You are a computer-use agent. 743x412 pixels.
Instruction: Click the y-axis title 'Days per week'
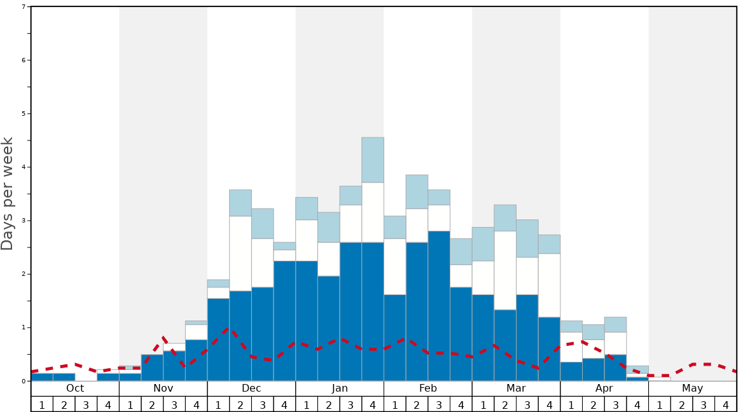[8, 193]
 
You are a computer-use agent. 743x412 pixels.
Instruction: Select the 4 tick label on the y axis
[24, 167]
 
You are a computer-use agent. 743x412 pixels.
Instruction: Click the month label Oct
[75, 388]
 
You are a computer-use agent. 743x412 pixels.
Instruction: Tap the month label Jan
[340, 388]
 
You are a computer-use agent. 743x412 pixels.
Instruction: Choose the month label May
[693, 388]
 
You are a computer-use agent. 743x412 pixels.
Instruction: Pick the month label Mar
[516, 388]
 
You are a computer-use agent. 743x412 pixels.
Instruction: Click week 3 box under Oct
[86, 404]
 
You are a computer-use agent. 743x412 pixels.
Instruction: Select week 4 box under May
[726, 404]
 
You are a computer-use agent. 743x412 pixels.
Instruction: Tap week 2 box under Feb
[417, 404]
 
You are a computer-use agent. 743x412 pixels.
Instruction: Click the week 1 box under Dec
[218, 404]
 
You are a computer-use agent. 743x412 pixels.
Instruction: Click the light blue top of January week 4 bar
[373, 160]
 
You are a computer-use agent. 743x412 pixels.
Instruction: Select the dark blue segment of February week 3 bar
[439, 305]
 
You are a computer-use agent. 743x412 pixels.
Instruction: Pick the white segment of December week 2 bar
[240, 253]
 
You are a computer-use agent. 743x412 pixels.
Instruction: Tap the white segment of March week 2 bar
[505, 270]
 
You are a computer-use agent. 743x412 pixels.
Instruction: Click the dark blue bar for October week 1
[42, 377]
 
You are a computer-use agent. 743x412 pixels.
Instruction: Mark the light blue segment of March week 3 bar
[527, 238]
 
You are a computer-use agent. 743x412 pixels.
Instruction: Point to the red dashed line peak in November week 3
[164, 336]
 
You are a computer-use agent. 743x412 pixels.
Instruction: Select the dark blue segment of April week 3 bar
[616, 367]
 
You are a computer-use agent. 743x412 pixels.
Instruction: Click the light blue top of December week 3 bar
[263, 223]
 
